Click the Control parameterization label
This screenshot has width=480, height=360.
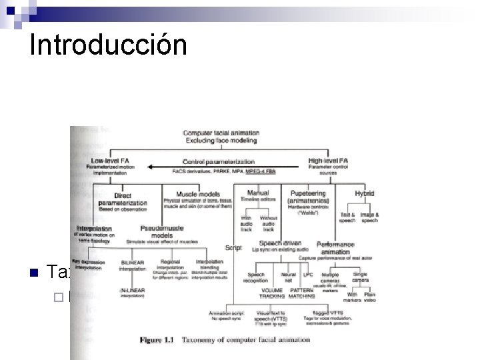pyautogui.click(x=219, y=161)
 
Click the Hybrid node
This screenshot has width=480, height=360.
pyautogui.click(x=365, y=193)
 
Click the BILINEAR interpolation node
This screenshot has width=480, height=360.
pyautogui.click(x=133, y=265)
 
